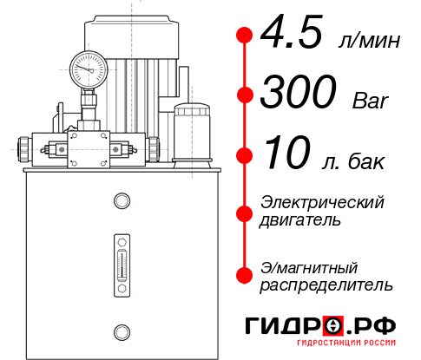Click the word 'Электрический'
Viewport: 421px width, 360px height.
point(322,202)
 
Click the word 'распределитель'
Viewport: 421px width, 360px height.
point(326,285)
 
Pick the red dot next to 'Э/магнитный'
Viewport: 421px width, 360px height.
point(245,275)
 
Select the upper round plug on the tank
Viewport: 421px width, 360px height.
point(122,201)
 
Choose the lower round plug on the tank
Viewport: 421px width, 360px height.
point(122,331)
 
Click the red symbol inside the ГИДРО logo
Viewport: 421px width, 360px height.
point(334,326)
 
